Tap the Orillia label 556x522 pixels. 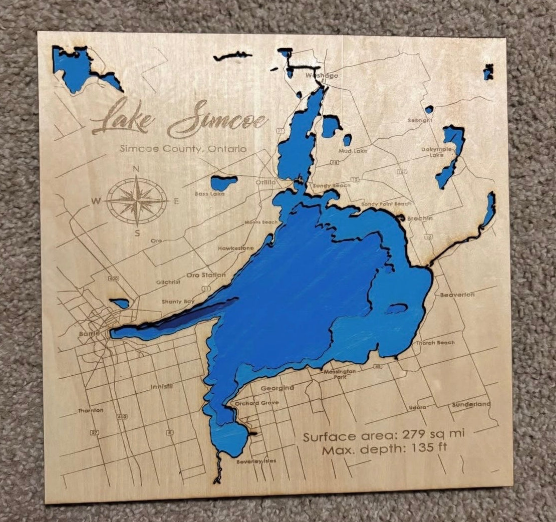point(265,183)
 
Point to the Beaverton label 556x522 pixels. point(457,295)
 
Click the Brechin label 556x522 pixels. point(420,218)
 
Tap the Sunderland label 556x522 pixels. point(471,404)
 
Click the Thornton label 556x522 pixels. point(91,410)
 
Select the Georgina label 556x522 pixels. point(277,388)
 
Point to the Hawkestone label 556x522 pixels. point(235,248)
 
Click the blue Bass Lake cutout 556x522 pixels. point(223,182)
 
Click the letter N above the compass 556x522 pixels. point(136,169)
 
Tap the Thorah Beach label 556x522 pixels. point(435,343)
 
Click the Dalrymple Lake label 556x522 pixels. point(436,152)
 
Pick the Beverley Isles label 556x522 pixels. point(256,461)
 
